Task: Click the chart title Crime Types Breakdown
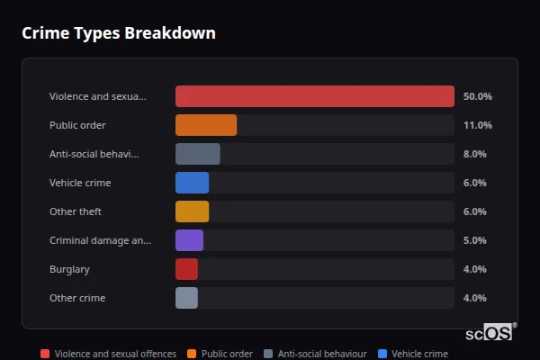point(118,34)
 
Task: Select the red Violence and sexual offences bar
point(314,96)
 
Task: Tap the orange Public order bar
point(206,125)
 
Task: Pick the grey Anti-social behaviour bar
point(198,154)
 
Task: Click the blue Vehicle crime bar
point(192,183)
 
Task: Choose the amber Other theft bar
point(192,211)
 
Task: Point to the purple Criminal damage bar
point(189,240)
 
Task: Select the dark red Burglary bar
point(186,269)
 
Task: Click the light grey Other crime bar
point(186,298)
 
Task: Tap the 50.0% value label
point(477,96)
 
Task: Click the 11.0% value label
point(477,125)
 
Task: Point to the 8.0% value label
point(474,154)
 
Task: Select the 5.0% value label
point(474,240)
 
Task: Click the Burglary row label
point(69,269)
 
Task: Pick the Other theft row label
point(76,211)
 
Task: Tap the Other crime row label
point(77,298)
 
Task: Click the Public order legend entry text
point(227,354)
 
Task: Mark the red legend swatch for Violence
point(45,354)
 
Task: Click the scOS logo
point(490,333)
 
